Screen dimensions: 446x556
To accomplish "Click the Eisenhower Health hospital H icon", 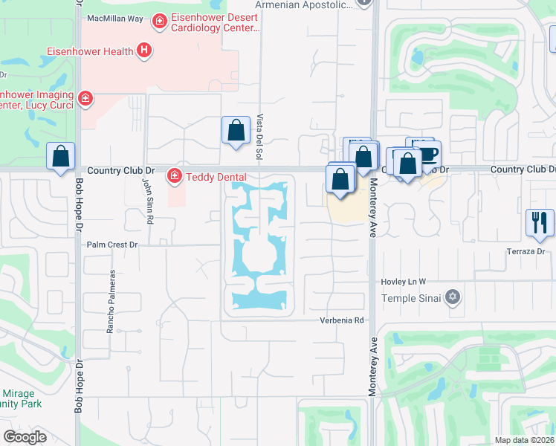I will coord(145,51).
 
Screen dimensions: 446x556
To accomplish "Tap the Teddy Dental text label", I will coord(216,176).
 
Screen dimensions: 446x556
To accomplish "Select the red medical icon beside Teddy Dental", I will coord(175,176).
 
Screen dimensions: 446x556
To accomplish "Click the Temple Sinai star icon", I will coord(453,298).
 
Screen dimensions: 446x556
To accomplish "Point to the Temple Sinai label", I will coord(411,298).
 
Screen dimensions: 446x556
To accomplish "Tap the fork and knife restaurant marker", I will coord(540,222).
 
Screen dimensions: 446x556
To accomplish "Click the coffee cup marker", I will coord(429,153).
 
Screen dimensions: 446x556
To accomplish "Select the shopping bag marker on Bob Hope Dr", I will coord(61,157).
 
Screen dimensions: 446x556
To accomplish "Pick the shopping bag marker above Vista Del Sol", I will coord(236,130).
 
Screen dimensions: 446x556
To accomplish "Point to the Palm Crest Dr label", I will coord(113,244).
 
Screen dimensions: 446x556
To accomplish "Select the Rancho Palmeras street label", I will coord(112,300).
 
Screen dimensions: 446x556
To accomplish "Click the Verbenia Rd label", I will coord(341,320).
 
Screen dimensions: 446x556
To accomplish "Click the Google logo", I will coord(25,436).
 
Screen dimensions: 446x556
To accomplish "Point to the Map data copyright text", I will coord(523,440).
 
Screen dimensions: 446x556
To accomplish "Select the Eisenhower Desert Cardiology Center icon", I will coord(159,22).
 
